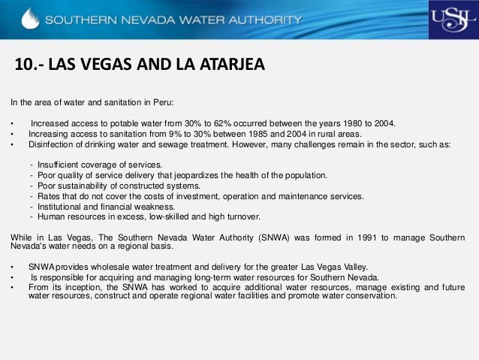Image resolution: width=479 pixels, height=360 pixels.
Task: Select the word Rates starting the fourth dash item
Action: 49,196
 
